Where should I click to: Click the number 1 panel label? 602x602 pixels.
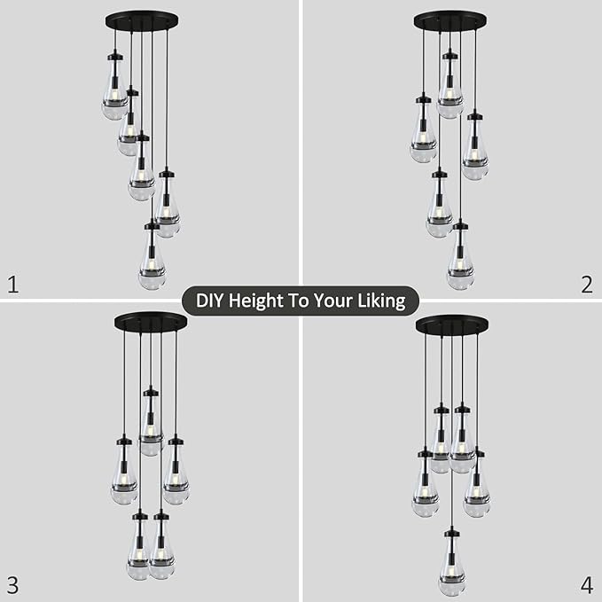pyautogui.click(x=12, y=284)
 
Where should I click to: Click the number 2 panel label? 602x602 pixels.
pyautogui.click(x=586, y=284)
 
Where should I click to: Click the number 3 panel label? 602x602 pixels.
pyautogui.click(x=12, y=584)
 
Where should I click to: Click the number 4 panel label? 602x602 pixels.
pyautogui.click(x=586, y=584)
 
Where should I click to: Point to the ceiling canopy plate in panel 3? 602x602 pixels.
pyautogui.click(x=150, y=321)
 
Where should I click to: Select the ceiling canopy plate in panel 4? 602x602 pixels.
pyautogui.click(x=451, y=324)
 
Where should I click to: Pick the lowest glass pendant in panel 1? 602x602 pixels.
pyautogui.click(x=152, y=262)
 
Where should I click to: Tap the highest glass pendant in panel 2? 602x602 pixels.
pyautogui.click(x=450, y=89)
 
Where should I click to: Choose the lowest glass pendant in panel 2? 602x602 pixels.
pyautogui.click(x=460, y=262)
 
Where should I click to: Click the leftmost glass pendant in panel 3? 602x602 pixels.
pyautogui.click(x=124, y=474)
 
